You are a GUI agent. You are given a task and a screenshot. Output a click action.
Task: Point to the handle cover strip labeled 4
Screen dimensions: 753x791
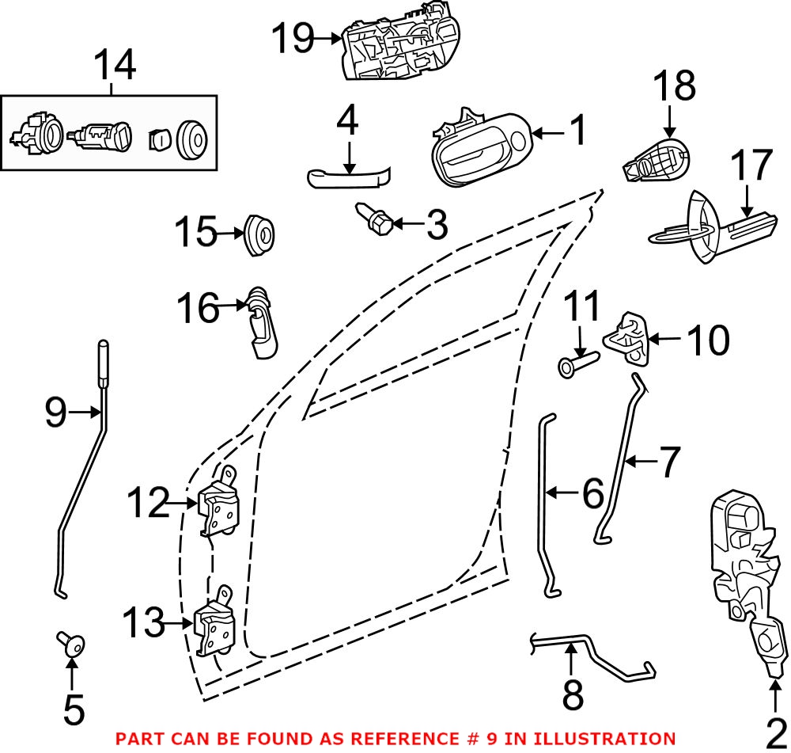coord(348,178)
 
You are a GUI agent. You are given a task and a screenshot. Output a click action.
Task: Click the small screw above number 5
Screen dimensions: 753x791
coord(70,645)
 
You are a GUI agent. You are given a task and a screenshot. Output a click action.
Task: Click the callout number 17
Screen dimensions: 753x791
coord(750,167)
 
